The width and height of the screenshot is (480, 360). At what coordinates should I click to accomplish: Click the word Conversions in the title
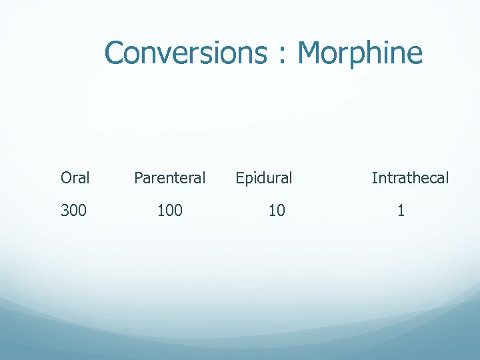pyautogui.click(x=185, y=53)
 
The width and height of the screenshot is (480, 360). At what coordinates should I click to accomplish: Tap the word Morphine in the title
pyautogui.click(x=360, y=53)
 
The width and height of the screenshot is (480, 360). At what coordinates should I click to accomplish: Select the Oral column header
pyautogui.click(x=75, y=178)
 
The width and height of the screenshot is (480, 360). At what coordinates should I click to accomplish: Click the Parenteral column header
pyautogui.click(x=169, y=178)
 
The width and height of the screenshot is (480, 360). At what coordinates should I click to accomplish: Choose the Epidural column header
pyautogui.click(x=263, y=178)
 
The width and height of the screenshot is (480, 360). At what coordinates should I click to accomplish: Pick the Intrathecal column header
pyautogui.click(x=410, y=178)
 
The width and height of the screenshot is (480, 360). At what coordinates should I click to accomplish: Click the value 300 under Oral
pyautogui.click(x=73, y=211)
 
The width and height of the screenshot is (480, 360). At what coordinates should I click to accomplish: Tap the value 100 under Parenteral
pyautogui.click(x=169, y=211)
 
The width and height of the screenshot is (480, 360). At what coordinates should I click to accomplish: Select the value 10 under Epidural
pyautogui.click(x=277, y=211)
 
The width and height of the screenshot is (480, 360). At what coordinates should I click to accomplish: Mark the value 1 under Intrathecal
pyautogui.click(x=401, y=211)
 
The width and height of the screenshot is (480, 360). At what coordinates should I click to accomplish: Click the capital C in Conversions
pyautogui.click(x=115, y=53)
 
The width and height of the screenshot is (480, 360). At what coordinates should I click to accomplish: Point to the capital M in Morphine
pyautogui.click(x=310, y=53)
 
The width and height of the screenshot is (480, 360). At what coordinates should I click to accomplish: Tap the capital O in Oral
pyautogui.click(x=66, y=178)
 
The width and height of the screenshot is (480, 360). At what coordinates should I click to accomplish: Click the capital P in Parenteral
pyautogui.click(x=139, y=178)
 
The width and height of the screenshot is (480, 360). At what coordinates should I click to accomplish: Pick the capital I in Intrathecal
pyautogui.click(x=374, y=178)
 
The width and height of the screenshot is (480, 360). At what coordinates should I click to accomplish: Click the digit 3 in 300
pyautogui.click(x=65, y=211)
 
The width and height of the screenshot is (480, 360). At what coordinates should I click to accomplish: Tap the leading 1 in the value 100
pyautogui.click(x=161, y=211)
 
